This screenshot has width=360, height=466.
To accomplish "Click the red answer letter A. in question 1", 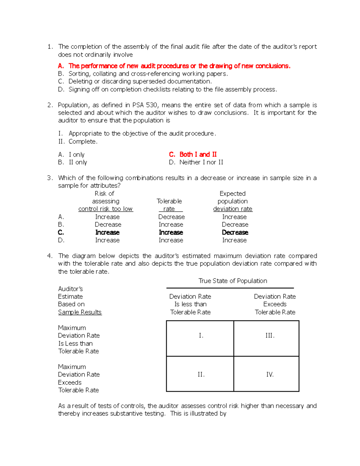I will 61,66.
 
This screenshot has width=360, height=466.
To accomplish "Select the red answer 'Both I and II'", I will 198,155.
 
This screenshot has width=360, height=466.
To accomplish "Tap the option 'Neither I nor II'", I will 201,162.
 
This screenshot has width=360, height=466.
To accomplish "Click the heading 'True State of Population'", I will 232,281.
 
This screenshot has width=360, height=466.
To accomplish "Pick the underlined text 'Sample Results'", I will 80,312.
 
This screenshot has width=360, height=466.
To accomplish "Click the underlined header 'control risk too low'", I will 106,209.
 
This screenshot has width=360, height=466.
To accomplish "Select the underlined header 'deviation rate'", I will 232,209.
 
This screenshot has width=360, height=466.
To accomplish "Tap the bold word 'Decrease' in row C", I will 235,233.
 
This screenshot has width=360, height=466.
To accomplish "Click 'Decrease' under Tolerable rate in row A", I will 171,217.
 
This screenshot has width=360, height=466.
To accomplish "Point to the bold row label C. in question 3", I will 61,233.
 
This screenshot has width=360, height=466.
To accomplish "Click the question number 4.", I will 50,256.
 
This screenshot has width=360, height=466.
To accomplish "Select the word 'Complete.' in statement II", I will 83,142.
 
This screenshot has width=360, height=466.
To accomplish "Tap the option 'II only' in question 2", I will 78,162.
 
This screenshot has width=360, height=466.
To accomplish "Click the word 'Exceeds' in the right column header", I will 275,304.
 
